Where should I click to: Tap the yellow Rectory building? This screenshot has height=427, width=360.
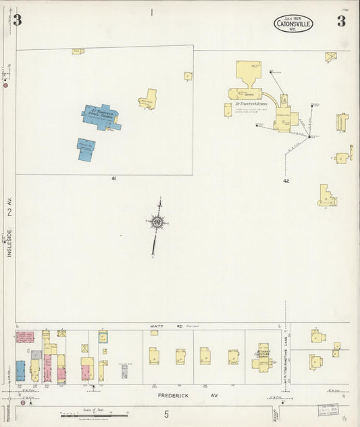click(148, 100)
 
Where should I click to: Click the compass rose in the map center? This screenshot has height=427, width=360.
click(157, 221)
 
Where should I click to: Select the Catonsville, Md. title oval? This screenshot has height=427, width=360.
click(293, 24)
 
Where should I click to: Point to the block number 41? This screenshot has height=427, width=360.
click(115, 178)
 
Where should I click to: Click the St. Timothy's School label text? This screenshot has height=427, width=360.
click(251, 104)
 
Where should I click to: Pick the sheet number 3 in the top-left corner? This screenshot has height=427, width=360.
click(17, 20)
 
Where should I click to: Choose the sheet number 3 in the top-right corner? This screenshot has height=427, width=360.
click(342, 20)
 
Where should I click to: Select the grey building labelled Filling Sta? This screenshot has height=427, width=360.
click(124, 371)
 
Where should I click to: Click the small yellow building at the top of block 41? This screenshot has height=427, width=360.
click(78, 51)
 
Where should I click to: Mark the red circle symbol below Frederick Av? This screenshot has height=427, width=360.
click(22, 404)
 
